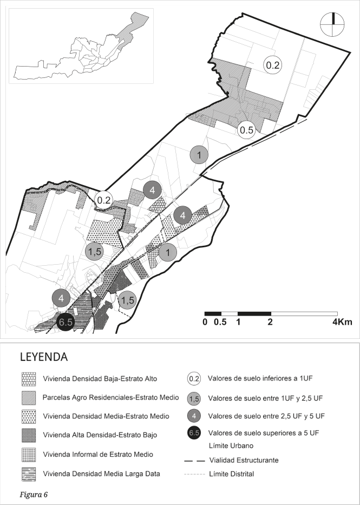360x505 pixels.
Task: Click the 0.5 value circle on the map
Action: point(247,130)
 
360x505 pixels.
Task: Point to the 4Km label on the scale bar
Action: point(342,322)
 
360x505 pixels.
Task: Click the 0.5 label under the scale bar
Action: point(220,322)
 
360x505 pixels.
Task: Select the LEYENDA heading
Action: point(43,358)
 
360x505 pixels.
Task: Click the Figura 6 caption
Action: point(34,493)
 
